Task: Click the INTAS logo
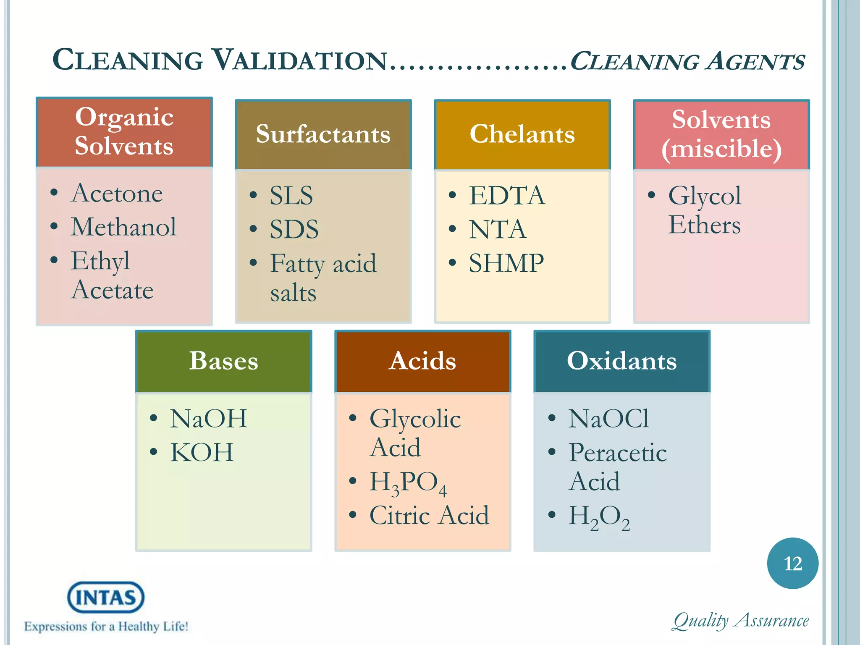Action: point(106,597)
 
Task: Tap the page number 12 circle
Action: point(792,563)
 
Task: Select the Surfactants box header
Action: point(323,134)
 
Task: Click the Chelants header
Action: point(522,134)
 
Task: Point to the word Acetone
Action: point(117,193)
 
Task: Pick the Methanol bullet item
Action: point(123,227)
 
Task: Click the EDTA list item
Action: point(507,196)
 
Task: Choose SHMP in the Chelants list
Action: point(506,264)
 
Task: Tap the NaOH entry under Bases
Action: point(208,419)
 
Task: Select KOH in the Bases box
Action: point(202,453)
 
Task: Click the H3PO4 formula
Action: point(407,482)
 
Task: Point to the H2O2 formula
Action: point(598,517)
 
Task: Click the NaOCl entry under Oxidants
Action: point(608,419)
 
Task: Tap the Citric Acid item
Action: point(429,516)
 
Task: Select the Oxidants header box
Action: point(621,361)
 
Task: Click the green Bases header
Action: point(223,361)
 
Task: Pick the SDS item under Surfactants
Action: point(294,230)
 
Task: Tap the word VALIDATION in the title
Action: point(299,60)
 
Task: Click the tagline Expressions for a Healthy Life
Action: point(106,627)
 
